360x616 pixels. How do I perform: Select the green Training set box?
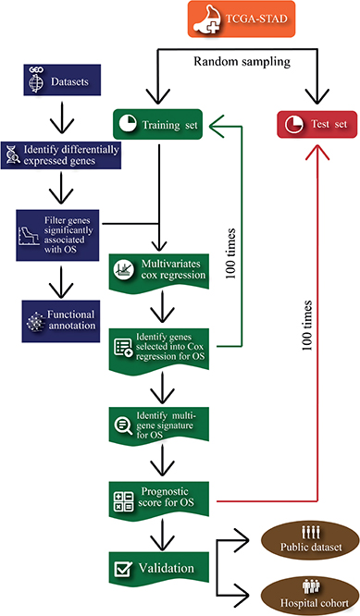(158, 123)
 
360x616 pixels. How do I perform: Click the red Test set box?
(317, 123)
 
